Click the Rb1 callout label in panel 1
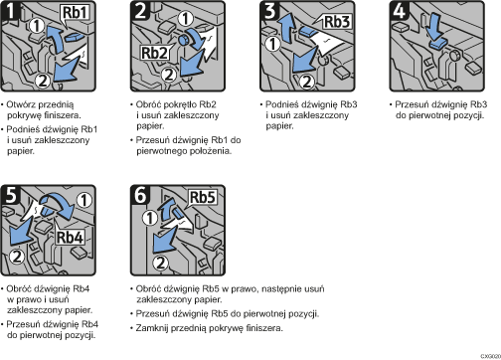click(x=76, y=13)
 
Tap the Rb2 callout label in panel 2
click(x=154, y=53)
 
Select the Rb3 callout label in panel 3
click(x=336, y=22)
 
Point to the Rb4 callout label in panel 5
click(x=70, y=238)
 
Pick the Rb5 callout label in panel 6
click(x=202, y=197)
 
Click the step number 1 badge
click(x=11, y=11)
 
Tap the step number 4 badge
click(x=399, y=11)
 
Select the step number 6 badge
click(x=140, y=195)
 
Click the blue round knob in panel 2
click(x=183, y=40)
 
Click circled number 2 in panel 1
click(x=43, y=81)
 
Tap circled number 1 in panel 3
click(x=273, y=44)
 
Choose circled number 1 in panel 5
click(x=84, y=200)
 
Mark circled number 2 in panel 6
click(x=161, y=263)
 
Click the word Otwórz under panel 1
click(x=22, y=104)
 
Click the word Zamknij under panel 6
click(x=151, y=328)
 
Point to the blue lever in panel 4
click(x=438, y=45)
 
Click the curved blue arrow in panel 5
click(x=58, y=203)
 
